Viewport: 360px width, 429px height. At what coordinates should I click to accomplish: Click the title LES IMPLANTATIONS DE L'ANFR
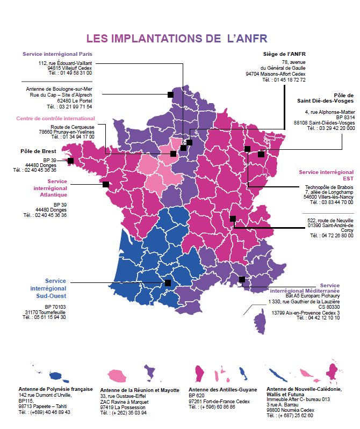pyautogui.click(x=177, y=39)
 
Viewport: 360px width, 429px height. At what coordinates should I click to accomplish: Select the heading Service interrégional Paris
pyautogui.click(x=57, y=54)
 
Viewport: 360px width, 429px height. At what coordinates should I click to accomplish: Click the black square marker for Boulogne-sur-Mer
pyautogui.click(x=170, y=94)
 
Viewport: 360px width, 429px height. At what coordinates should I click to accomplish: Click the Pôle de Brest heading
pyautogui.click(x=38, y=151)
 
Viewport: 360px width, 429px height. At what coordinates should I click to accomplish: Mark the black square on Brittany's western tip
pyautogui.click(x=70, y=160)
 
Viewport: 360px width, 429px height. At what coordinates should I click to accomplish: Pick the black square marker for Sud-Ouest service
pyautogui.click(x=168, y=282)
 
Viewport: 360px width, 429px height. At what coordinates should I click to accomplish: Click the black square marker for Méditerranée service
pyautogui.click(x=242, y=279)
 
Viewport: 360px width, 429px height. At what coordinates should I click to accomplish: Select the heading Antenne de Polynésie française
pyautogui.click(x=55, y=389)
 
